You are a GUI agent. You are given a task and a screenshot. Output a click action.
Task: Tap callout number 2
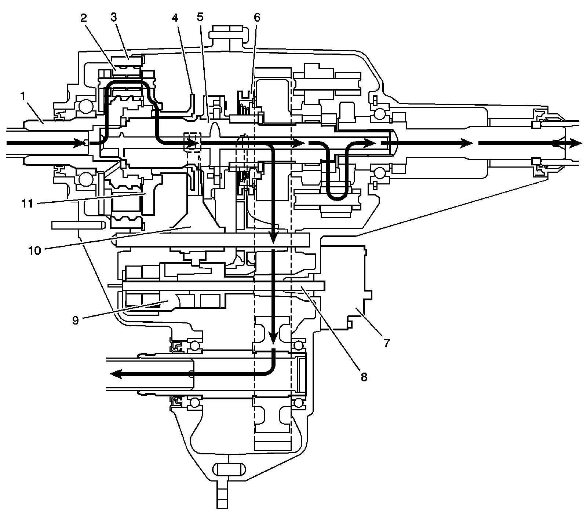[84, 18]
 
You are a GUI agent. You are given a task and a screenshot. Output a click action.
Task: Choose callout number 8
[364, 377]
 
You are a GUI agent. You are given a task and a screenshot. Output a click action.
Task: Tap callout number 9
[75, 320]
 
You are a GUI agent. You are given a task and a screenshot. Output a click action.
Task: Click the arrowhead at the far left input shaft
[80, 143]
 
